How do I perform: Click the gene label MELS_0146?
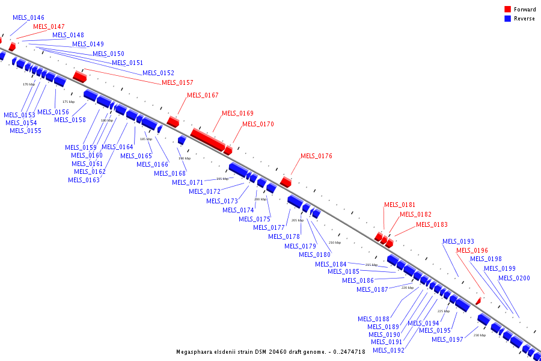click(x=28, y=18)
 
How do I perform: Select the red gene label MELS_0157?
click(x=177, y=82)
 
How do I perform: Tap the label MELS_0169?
click(x=237, y=113)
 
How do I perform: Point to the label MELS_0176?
click(x=316, y=156)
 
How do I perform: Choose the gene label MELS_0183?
click(x=432, y=224)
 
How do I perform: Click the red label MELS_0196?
click(x=472, y=250)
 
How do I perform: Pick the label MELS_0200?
click(x=514, y=278)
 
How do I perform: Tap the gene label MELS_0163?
click(x=84, y=180)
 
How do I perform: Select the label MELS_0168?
click(x=170, y=173)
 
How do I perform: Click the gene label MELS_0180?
click(x=314, y=255)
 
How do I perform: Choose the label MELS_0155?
click(x=25, y=131)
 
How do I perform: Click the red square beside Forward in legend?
click(x=507, y=10)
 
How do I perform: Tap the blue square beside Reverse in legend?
click(x=507, y=19)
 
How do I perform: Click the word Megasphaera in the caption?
click(x=196, y=352)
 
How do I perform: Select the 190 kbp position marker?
click(x=184, y=158)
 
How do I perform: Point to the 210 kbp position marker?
click(x=334, y=242)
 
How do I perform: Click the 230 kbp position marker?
click(x=479, y=335)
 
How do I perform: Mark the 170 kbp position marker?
click(x=28, y=84)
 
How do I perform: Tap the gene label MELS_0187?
click(x=372, y=289)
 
